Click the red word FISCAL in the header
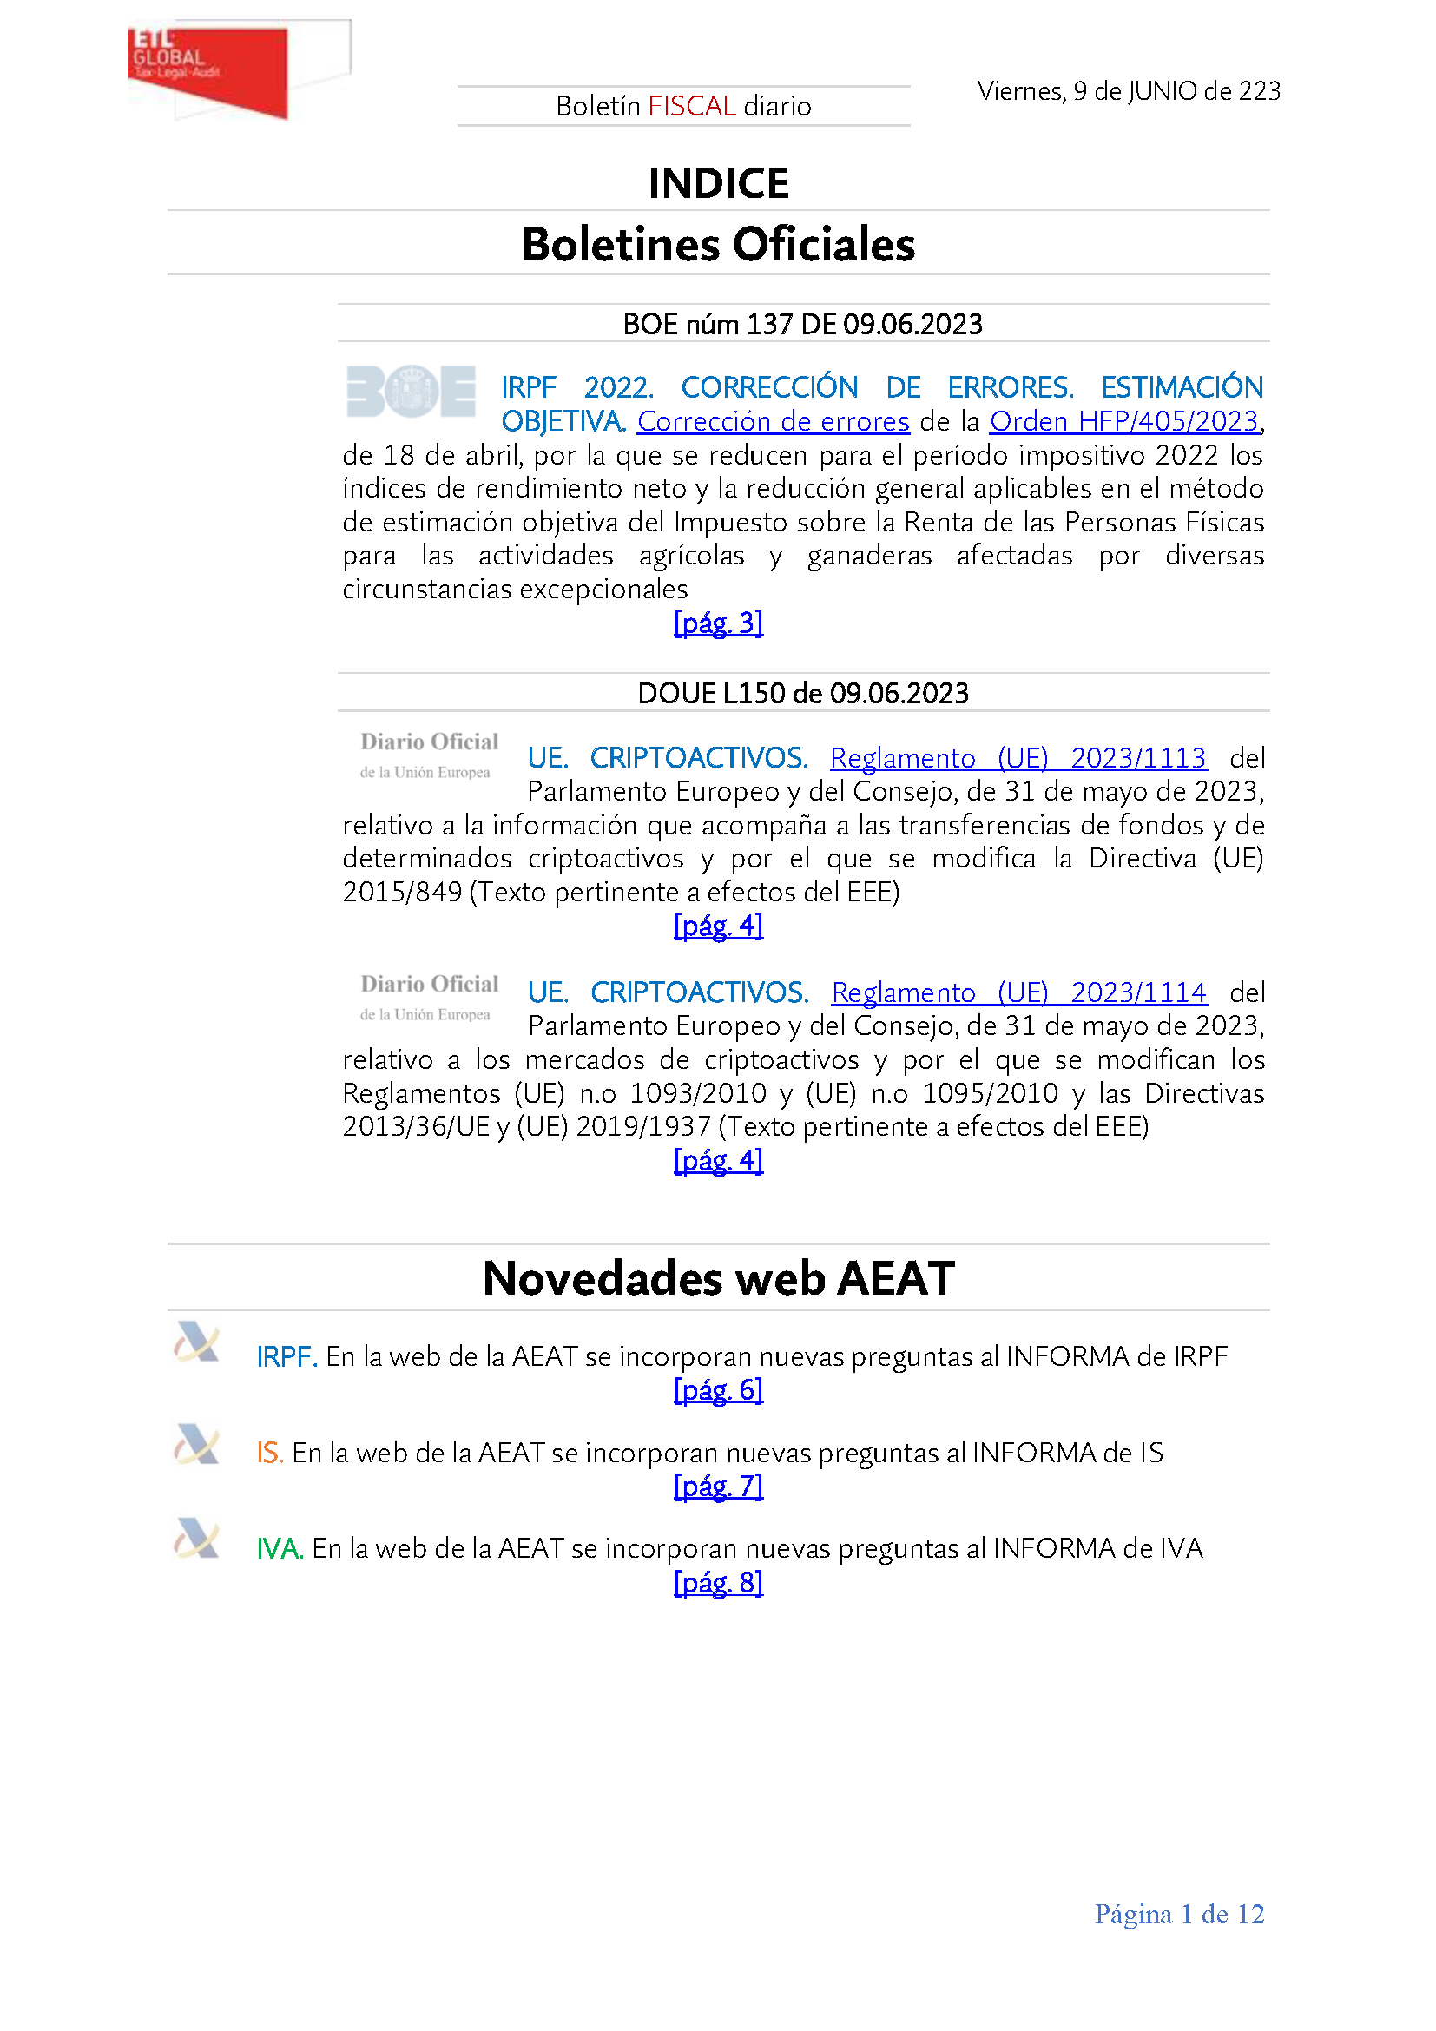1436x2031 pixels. point(691,106)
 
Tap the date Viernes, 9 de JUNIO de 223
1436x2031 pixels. point(1129,91)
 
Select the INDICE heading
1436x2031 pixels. point(718,184)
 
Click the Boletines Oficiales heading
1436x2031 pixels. point(718,245)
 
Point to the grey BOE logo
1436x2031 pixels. point(412,391)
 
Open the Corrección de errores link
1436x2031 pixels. point(773,422)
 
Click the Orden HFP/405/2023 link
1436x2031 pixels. point(1123,422)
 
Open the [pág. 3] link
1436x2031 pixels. point(718,623)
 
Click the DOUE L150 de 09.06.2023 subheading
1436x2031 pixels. point(803,694)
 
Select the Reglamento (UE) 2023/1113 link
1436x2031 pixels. point(1018,758)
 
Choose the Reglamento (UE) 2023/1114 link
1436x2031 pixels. point(1018,992)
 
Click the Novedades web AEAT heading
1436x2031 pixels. point(718,1278)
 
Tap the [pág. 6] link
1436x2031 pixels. point(718,1390)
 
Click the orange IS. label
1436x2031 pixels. point(270,1454)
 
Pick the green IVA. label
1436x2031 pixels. point(280,1549)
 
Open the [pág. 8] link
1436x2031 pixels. point(718,1583)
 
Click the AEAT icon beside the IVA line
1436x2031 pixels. point(196,1539)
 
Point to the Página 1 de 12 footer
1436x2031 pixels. point(1179,1915)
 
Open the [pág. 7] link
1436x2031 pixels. point(718,1487)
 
